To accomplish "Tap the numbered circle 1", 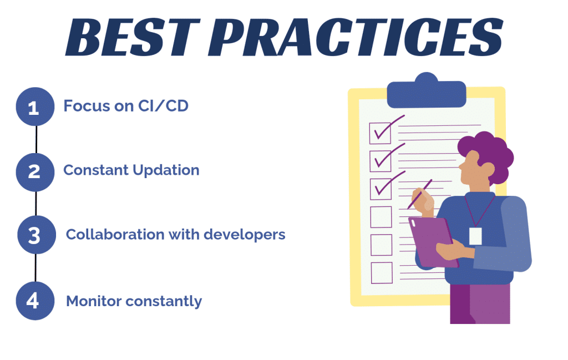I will pyautogui.click(x=34, y=107).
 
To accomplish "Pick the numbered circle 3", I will pyautogui.click(x=35, y=235).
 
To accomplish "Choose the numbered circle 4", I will pyautogui.click(x=34, y=301).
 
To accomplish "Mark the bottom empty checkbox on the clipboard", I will pyautogui.click(x=381, y=272).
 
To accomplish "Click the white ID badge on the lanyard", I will pyautogui.click(x=475, y=235).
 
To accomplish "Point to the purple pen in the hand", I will pyautogui.click(x=420, y=194).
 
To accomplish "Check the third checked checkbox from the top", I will pyautogui.click(x=381, y=187).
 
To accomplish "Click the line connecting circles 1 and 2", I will pyautogui.click(x=36, y=139).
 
